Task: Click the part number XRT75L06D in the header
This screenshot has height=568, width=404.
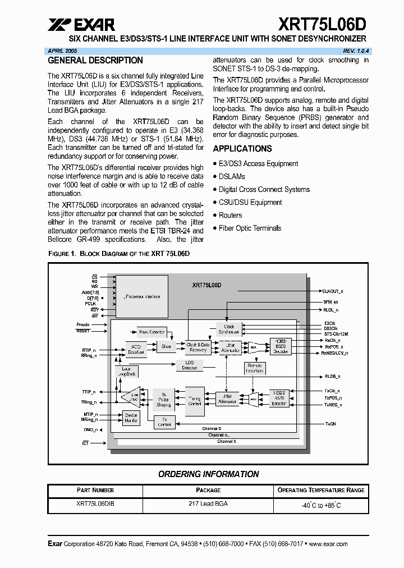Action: (322, 24)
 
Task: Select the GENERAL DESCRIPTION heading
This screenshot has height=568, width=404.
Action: (95, 61)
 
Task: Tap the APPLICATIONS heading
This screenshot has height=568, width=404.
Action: (242, 149)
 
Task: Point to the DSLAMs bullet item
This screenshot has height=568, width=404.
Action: (232, 176)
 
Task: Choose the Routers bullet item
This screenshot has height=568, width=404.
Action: (230, 215)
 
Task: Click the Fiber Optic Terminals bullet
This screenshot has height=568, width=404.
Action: (250, 228)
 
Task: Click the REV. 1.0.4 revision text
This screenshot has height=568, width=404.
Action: (353, 51)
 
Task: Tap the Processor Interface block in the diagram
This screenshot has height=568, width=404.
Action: (142, 296)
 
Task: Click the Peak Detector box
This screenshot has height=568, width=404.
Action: (151, 332)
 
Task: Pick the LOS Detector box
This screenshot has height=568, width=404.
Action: (190, 365)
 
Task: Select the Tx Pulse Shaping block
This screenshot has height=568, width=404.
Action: (163, 400)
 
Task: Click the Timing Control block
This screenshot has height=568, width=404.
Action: (195, 400)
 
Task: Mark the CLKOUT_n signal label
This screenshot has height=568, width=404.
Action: (333, 291)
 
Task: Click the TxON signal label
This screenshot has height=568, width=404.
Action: (330, 424)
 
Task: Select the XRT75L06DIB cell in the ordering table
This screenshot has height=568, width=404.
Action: (95, 504)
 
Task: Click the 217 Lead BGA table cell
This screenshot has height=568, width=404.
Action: (208, 504)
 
